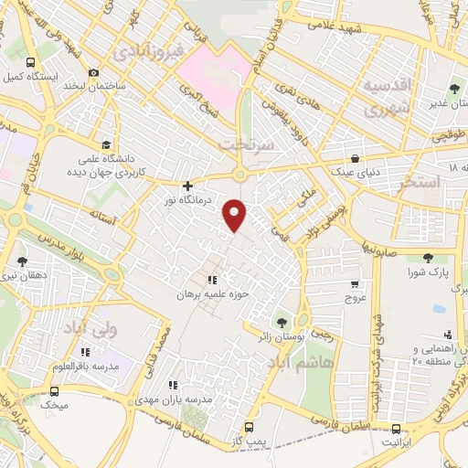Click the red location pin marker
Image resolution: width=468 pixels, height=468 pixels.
(236, 214)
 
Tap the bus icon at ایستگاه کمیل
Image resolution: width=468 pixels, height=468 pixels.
(31, 63)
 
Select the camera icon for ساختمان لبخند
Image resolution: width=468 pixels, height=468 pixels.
(93, 72)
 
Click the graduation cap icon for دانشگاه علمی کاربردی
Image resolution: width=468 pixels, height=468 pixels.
(106, 144)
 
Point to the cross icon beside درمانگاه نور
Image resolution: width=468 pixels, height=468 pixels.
(188, 186)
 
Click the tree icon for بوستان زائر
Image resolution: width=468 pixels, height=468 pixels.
(280, 322)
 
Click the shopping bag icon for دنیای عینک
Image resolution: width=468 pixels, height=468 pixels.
(354, 157)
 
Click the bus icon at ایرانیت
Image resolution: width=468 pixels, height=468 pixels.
(396, 430)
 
